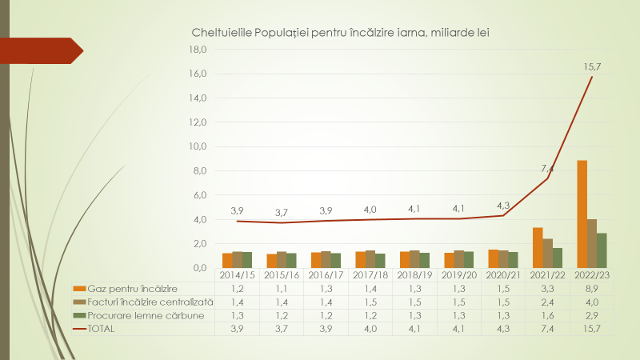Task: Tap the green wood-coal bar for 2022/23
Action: click(x=602, y=250)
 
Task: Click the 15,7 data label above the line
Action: click(x=592, y=66)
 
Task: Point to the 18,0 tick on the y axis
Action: click(x=196, y=50)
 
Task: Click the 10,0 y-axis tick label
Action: click(x=196, y=146)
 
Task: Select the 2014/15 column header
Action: click(x=237, y=274)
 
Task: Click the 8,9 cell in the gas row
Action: click(x=592, y=288)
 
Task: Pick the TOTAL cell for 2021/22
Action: click(x=547, y=329)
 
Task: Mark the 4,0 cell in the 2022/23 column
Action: click(x=592, y=302)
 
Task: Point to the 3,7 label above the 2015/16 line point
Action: click(x=281, y=212)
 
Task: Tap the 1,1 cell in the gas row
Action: click(x=281, y=288)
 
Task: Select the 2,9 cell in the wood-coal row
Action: click(x=592, y=315)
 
